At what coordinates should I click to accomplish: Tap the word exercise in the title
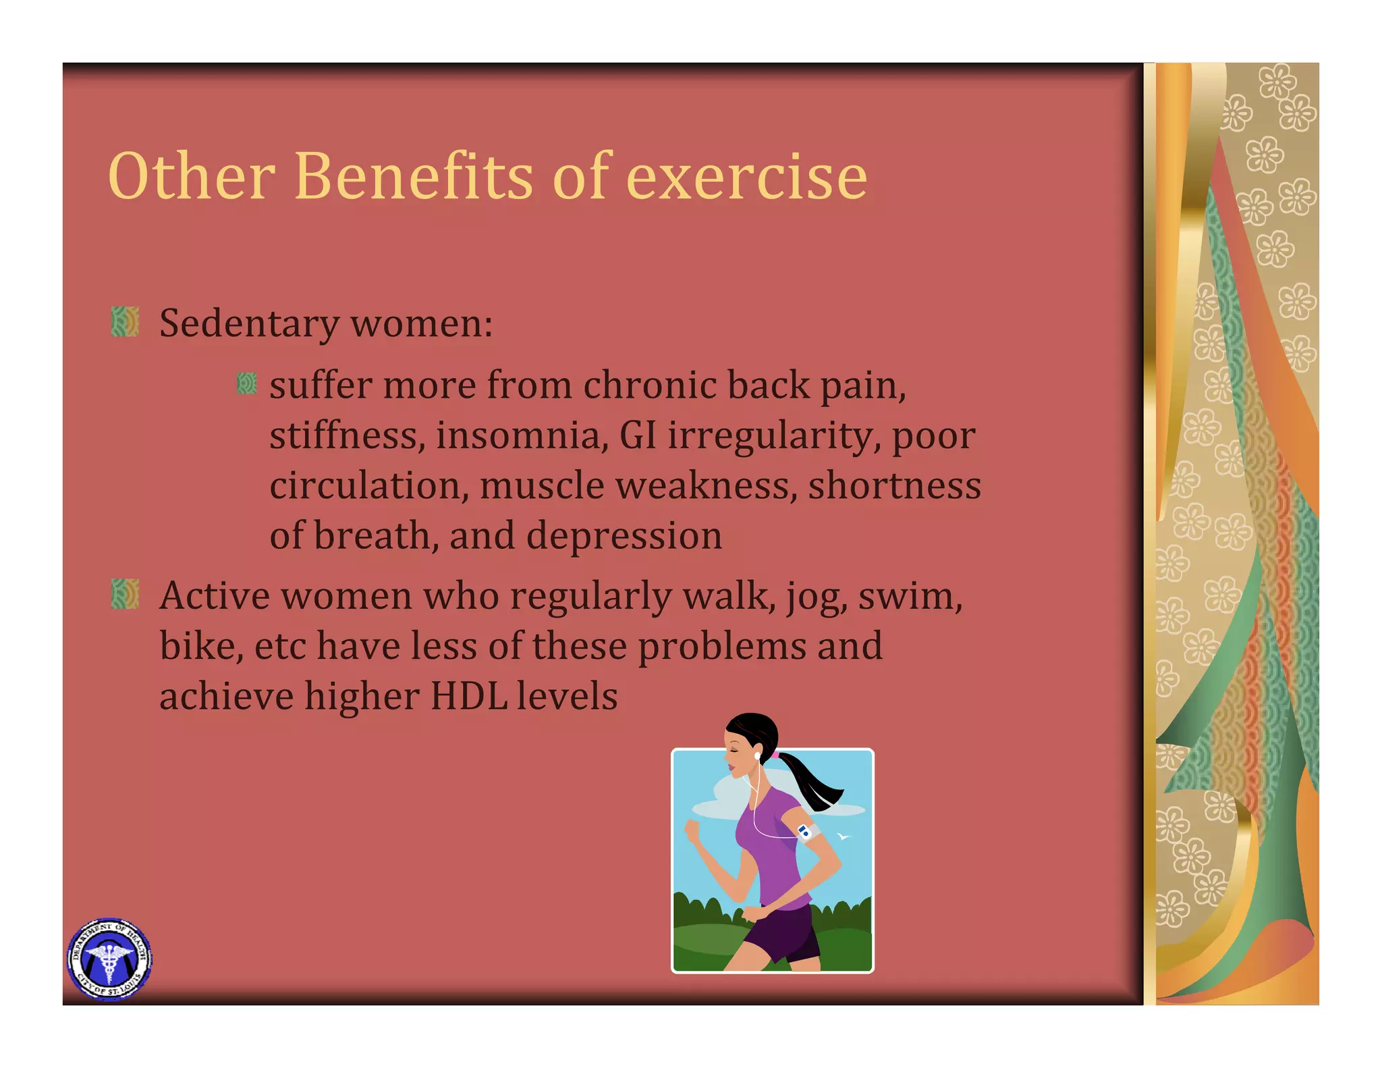coord(746,177)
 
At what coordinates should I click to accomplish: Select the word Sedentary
coord(249,324)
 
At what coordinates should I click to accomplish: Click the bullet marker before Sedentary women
coord(125,321)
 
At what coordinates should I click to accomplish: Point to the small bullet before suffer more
coord(247,383)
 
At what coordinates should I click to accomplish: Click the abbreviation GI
coord(638,435)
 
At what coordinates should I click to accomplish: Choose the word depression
coord(624,537)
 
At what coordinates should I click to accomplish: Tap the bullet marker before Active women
coord(125,593)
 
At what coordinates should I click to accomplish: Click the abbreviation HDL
coord(469,697)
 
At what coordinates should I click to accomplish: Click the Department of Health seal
coord(109,959)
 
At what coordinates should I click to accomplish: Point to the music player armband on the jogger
coord(806,832)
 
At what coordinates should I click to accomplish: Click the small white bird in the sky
coord(843,837)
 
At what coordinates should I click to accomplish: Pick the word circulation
coord(368,486)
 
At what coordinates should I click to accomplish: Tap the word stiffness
coord(346,435)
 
